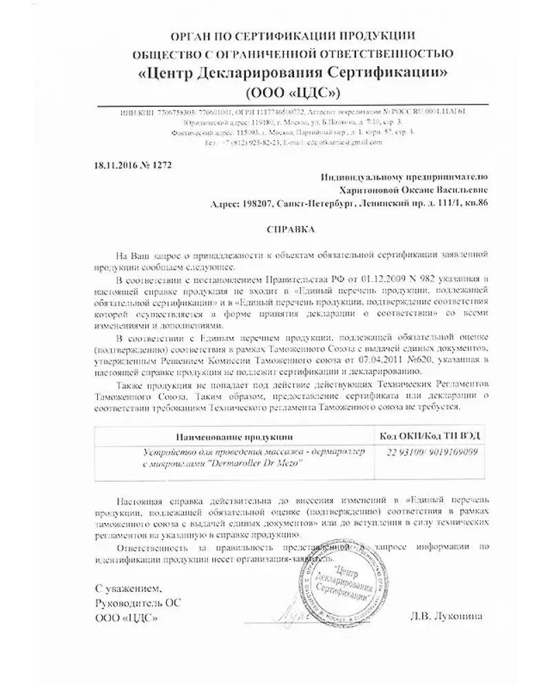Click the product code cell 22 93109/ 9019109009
pos(424,453)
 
